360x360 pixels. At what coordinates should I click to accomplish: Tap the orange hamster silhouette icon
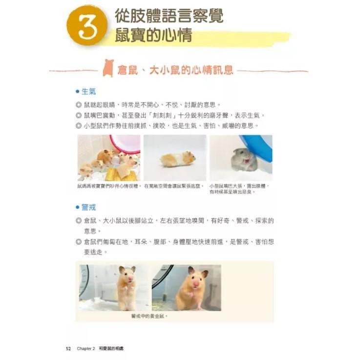108,69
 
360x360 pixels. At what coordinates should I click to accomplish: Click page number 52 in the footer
68,348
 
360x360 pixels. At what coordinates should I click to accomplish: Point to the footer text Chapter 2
85,348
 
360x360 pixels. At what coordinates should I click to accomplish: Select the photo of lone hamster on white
174,158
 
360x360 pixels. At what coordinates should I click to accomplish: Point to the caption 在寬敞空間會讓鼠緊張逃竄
174,186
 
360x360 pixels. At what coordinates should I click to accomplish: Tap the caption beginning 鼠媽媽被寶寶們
108,186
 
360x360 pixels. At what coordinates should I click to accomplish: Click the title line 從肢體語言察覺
169,16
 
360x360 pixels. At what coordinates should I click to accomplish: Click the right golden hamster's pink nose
195,283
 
